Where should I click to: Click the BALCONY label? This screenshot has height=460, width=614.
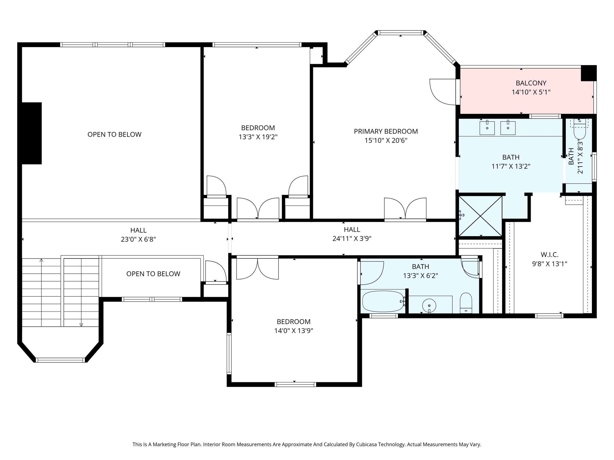click(531, 83)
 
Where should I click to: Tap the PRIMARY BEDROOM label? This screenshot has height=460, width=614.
click(386, 131)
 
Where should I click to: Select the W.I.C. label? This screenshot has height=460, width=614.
click(549, 255)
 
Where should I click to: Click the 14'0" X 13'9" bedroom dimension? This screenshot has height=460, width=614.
click(294, 331)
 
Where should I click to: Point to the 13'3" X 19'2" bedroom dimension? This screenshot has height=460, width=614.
click(258, 137)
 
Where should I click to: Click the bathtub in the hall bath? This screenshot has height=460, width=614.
click(383, 301)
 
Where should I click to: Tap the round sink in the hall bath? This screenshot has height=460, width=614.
click(429, 305)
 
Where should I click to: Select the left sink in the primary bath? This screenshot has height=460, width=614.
click(487, 128)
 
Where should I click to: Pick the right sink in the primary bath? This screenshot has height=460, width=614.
click(508, 128)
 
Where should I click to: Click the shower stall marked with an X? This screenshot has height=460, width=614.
click(481, 216)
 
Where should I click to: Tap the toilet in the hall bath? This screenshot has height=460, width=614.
click(466, 303)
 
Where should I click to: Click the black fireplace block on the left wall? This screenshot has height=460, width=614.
click(31, 133)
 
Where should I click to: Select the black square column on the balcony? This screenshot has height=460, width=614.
click(588, 73)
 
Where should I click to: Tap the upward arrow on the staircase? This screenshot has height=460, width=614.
click(41, 261)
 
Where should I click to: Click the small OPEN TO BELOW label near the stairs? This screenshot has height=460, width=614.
click(153, 274)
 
